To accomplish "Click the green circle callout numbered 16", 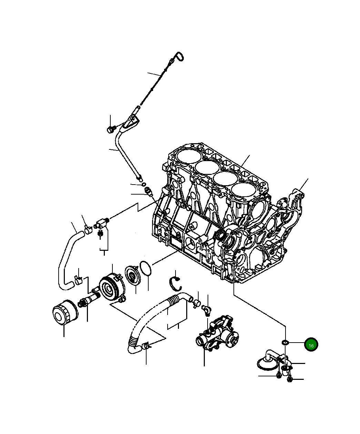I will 311,345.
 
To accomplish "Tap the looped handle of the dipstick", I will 179,57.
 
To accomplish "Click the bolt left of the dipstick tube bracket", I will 110,129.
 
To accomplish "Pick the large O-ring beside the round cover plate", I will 146,269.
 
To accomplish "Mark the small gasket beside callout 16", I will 285,342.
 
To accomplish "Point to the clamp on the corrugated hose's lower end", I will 146,345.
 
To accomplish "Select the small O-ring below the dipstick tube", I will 143,185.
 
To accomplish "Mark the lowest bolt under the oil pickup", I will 289,379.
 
